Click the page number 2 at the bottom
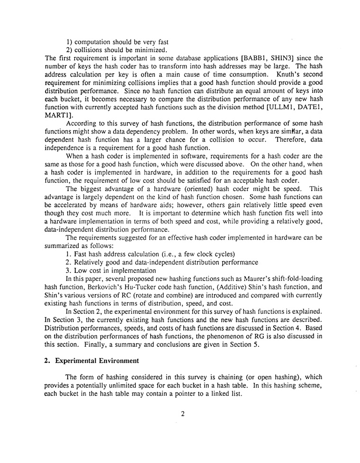pyautogui.click(x=182, y=414)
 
